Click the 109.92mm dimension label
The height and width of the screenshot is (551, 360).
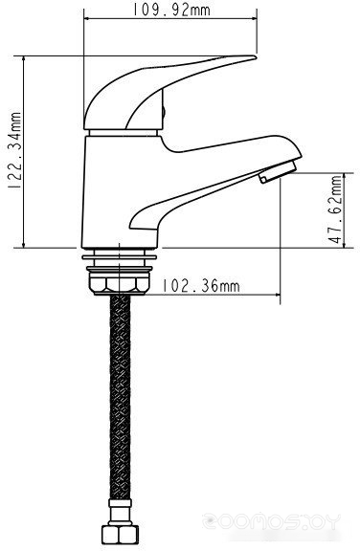[x=171, y=10]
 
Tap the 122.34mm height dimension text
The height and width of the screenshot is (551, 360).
[x=15, y=151]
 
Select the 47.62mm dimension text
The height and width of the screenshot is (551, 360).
[x=335, y=209]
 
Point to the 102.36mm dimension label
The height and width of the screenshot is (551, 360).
[x=201, y=286]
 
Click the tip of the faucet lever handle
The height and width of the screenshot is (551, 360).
[x=256, y=57]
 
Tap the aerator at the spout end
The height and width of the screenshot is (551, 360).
[x=278, y=172]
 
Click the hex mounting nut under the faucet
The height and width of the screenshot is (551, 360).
[x=120, y=283]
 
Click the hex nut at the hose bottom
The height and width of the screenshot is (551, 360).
[x=120, y=538]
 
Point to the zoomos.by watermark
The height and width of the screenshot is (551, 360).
[x=271, y=521]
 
